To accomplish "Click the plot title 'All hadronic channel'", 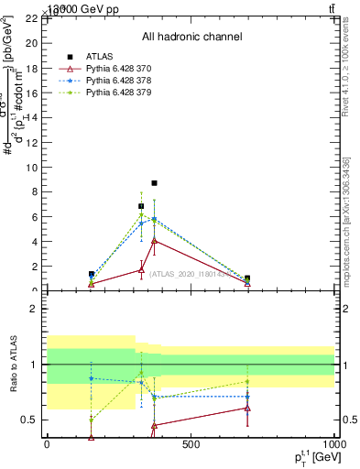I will coord(191,37).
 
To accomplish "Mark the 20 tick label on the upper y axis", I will coord(31,42).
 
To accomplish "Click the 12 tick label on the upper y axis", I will coord(31,142).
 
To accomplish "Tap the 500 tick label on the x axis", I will coord(191,445).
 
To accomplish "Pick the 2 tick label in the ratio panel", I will coord(34,309).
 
